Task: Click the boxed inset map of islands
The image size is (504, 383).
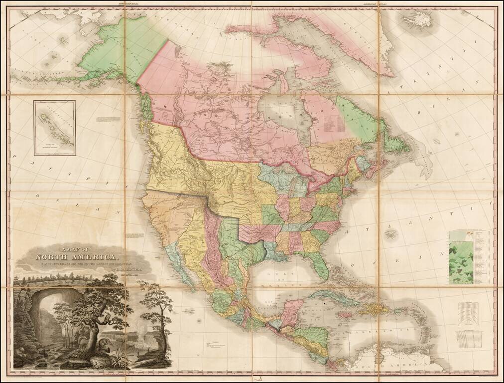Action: click(x=55, y=128)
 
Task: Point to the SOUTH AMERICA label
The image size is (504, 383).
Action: click(x=393, y=369)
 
